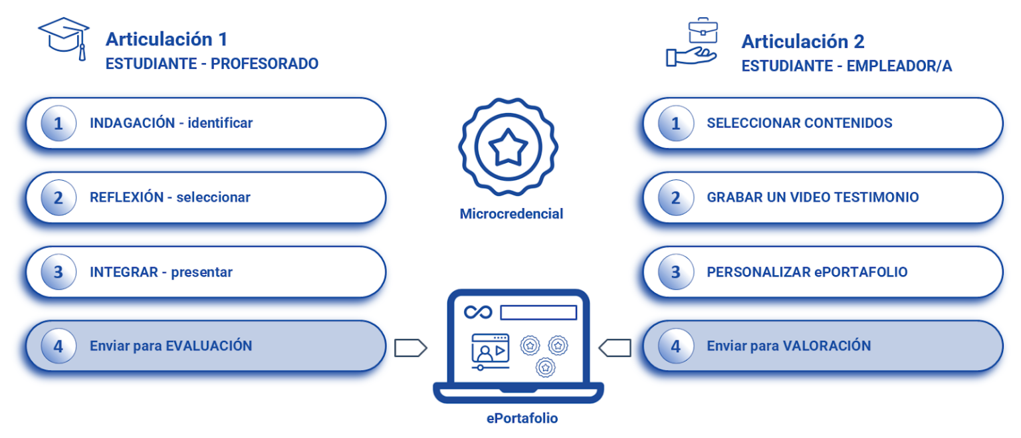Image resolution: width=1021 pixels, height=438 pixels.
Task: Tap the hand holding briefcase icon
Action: coord(691,43)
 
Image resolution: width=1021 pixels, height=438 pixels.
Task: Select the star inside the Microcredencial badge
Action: coord(509,148)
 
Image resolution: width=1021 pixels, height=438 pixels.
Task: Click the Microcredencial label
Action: coord(511,214)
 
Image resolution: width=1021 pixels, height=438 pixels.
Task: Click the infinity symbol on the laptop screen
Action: coord(478,312)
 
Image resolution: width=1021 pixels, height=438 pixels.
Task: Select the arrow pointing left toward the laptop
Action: coord(615,348)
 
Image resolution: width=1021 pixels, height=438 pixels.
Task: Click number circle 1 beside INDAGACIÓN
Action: coord(58,124)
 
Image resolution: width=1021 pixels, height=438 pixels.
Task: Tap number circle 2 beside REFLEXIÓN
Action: coord(58,198)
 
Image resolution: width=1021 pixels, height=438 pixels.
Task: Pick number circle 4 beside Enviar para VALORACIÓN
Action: coord(675,346)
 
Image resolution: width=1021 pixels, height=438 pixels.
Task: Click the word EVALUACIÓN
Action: coord(209,346)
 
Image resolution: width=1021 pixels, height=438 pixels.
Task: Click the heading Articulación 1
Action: coord(166,39)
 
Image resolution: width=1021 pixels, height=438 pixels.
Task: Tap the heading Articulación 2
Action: coord(803,41)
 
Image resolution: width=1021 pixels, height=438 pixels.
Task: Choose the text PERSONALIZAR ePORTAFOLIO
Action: coord(807,272)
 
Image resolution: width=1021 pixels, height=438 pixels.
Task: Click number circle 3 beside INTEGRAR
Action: coord(58,273)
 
